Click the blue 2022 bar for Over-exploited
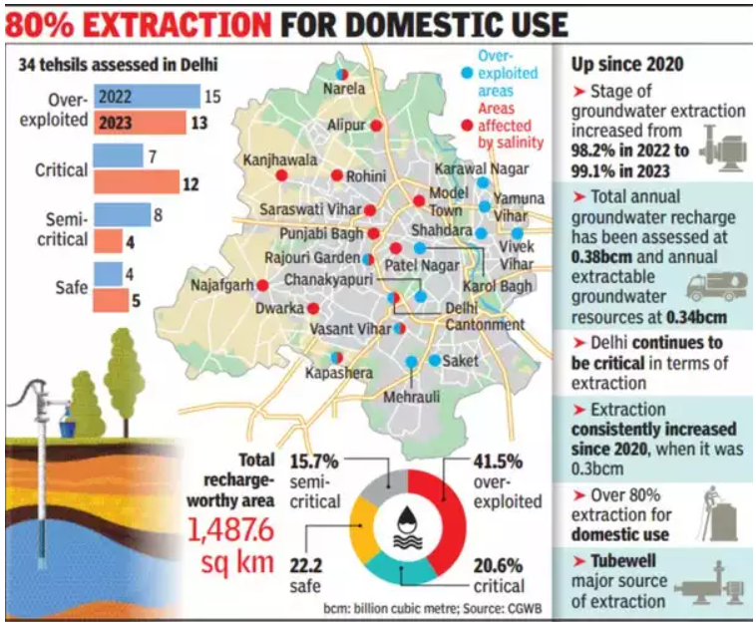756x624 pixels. coord(147,97)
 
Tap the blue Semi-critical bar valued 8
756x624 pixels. coord(123,215)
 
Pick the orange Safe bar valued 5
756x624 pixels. coord(112,300)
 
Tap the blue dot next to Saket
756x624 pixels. coord(434,360)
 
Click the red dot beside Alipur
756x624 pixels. coord(377,126)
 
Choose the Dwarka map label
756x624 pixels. coord(279,309)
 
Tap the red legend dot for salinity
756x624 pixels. coord(467,126)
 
